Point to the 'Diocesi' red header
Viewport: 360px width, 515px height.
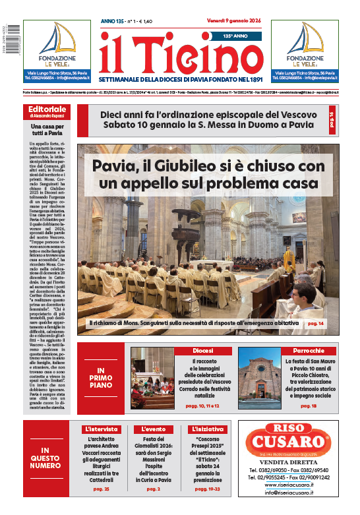[202, 351]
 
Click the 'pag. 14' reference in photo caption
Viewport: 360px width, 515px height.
[314, 324]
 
